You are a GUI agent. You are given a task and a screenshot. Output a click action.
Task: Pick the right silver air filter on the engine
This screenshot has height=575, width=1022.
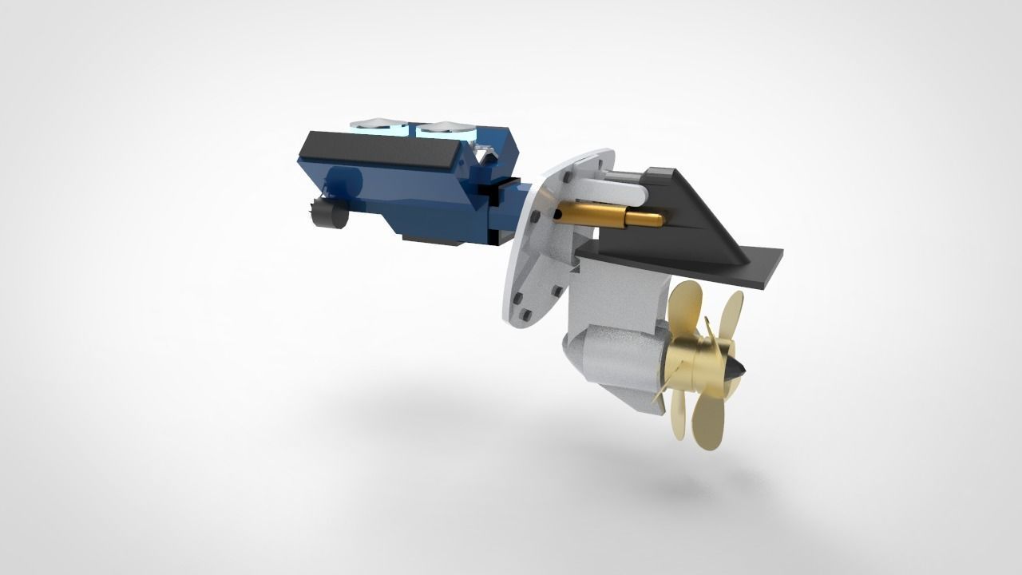click(446, 126)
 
